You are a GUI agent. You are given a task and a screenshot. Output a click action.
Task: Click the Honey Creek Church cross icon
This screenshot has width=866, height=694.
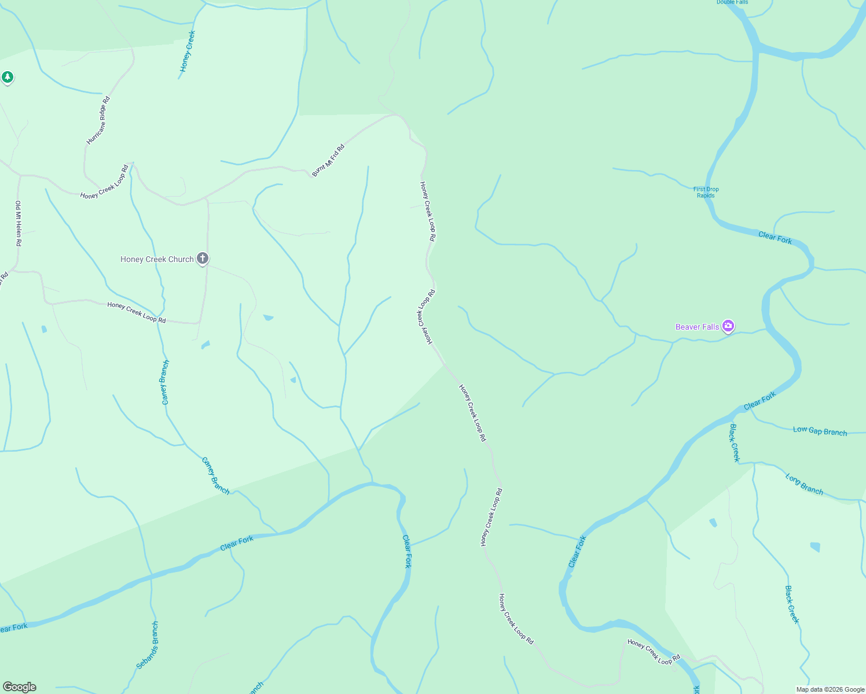click(x=202, y=259)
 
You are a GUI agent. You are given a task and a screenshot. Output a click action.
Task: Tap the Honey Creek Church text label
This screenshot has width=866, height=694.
click(x=157, y=259)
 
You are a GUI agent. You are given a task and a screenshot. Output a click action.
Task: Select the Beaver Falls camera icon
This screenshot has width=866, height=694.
click(x=728, y=326)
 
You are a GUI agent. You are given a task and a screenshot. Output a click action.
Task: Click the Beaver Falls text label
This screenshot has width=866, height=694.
click(x=697, y=327)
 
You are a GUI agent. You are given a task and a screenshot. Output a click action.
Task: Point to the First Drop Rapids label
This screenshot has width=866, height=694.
click(x=706, y=192)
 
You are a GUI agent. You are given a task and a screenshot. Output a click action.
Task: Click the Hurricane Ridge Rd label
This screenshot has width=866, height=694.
click(x=98, y=120)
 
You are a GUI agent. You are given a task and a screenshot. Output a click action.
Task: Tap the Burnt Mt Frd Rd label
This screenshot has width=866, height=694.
click(x=328, y=160)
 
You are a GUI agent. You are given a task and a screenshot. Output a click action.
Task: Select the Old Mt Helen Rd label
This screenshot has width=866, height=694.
click(x=19, y=224)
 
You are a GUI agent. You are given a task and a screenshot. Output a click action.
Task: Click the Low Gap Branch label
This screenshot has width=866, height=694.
click(x=820, y=431)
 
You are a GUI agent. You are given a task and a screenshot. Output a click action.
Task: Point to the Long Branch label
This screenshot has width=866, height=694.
click(x=804, y=483)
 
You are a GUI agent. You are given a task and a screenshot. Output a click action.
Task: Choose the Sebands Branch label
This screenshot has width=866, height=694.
click(x=147, y=645)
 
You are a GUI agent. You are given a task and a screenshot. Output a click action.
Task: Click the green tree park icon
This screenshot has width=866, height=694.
click(x=7, y=77)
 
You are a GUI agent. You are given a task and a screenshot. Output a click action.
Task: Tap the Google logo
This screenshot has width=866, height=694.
click(x=20, y=687)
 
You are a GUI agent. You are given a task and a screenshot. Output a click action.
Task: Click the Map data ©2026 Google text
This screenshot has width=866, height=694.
click(x=830, y=689)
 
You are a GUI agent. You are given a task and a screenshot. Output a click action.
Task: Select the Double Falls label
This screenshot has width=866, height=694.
click(x=732, y=2)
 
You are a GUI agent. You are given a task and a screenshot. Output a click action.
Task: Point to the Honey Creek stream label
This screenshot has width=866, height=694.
click(x=188, y=51)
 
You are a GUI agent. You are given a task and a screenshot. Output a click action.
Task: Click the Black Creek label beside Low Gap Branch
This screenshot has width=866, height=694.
click(x=734, y=443)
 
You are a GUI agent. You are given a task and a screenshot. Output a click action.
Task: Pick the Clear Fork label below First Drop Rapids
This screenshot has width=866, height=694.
click(x=775, y=237)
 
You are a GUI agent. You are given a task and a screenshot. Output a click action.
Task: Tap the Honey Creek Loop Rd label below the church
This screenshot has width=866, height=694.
click(x=137, y=312)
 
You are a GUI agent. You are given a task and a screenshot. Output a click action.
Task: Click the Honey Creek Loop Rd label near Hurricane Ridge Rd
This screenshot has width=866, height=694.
click(x=105, y=182)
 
